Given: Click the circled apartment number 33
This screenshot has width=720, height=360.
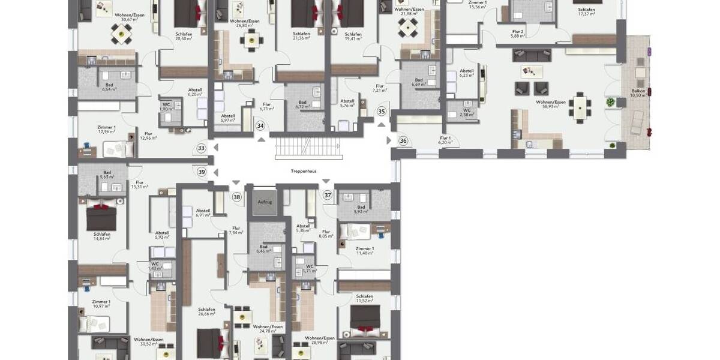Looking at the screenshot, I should (x=201, y=148).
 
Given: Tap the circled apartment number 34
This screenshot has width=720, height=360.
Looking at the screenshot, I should (x=260, y=125).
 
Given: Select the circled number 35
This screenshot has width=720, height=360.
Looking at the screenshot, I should (x=382, y=112).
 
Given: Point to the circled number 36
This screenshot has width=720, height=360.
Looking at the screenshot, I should (x=403, y=141).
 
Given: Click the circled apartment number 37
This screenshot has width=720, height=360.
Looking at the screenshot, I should (x=328, y=195).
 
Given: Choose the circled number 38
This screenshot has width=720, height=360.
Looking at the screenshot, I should (x=237, y=197).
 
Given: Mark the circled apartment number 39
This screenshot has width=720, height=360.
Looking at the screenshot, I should (x=202, y=172).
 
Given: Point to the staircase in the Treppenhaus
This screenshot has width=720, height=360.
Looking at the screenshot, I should (x=309, y=148).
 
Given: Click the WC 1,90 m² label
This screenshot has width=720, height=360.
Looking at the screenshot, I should (x=167, y=107).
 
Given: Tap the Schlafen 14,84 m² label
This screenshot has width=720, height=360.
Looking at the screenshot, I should (x=102, y=236).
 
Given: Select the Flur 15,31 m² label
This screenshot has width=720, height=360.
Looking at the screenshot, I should (x=140, y=185).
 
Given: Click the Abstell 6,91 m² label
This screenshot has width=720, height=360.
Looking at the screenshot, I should (x=203, y=213).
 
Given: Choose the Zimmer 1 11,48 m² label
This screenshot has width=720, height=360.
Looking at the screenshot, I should (x=364, y=251).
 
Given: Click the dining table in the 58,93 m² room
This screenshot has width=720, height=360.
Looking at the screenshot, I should (x=580, y=107).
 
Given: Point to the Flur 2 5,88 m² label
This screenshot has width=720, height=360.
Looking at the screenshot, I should (x=518, y=34).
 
